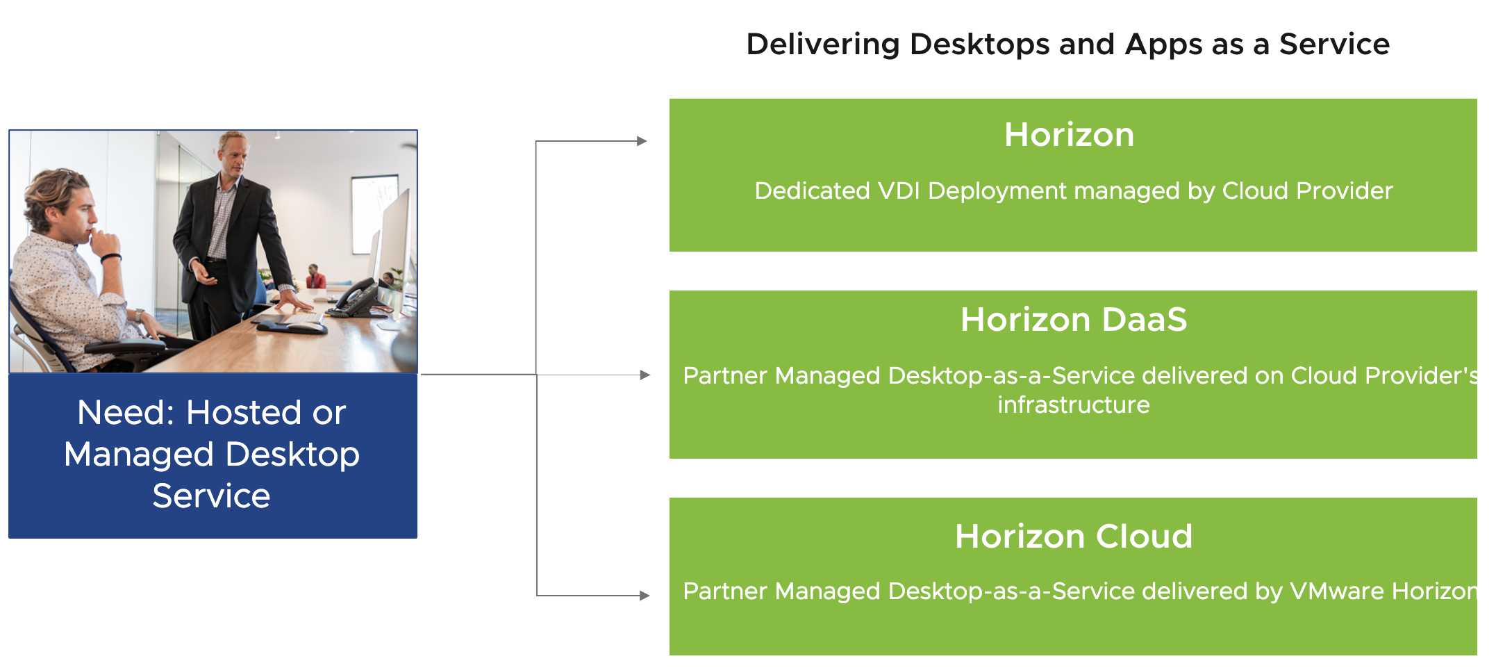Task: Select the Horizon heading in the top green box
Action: point(1069,135)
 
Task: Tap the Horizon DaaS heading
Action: point(1073,320)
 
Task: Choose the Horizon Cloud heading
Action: point(1073,537)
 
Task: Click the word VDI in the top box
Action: point(899,191)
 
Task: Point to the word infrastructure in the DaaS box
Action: point(1073,405)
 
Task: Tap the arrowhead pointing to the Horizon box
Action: point(642,141)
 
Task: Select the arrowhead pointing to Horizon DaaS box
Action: point(645,375)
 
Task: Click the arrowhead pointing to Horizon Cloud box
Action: point(645,596)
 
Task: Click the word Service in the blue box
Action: point(211,496)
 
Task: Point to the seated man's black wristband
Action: point(111,259)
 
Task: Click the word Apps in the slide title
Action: point(1163,45)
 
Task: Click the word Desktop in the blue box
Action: point(292,455)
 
